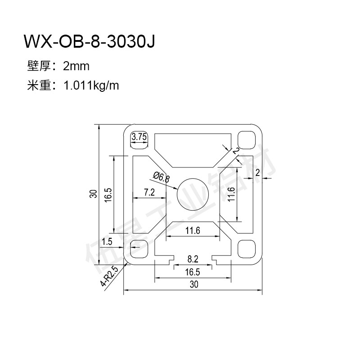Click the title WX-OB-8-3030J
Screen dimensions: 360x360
[x=90, y=41]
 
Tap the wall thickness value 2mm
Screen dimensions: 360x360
[x=76, y=66]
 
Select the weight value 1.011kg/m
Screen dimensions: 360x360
[x=91, y=85]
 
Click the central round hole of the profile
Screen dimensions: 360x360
[x=193, y=194]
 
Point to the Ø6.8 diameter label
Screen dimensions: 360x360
[x=162, y=177]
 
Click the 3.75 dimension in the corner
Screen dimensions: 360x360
[x=139, y=137]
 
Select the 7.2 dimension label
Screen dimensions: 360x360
[x=149, y=192]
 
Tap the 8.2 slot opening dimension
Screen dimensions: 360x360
[x=193, y=259]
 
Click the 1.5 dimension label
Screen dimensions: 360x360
[x=107, y=242]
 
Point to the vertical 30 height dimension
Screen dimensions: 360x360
[x=94, y=194]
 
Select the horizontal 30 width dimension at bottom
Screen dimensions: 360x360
[x=194, y=284]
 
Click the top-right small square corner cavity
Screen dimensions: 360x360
[x=247, y=140]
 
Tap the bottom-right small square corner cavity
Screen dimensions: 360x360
[x=247, y=249]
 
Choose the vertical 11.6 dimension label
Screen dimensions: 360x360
[x=231, y=194]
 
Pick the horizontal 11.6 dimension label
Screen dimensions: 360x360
[x=193, y=230]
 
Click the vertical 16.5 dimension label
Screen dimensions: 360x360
[x=108, y=195]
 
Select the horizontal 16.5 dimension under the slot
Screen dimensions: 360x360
[x=193, y=272]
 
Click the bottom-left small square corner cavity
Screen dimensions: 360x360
[x=139, y=249]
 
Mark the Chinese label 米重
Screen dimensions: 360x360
[x=39, y=85]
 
